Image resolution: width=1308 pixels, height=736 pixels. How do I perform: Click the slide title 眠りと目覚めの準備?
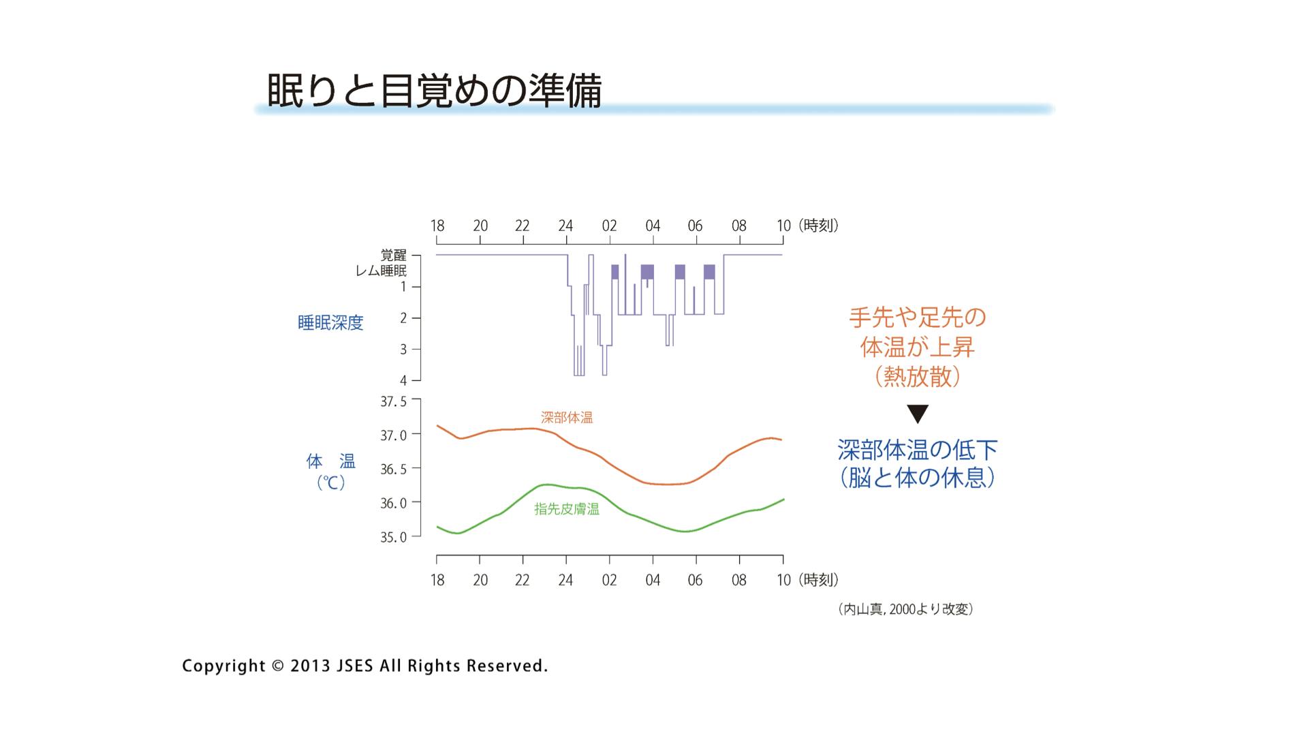click(x=434, y=90)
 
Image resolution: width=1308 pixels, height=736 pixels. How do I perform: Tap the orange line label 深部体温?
click(x=567, y=418)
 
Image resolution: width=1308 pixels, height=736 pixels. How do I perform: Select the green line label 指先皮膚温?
click(x=567, y=509)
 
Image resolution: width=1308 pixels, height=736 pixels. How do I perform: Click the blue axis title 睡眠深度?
click(x=330, y=323)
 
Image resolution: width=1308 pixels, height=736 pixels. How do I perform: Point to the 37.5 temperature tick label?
click(x=393, y=401)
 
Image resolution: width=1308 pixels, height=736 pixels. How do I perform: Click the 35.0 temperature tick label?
click(x=393, y=537)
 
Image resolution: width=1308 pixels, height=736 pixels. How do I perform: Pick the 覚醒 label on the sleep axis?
click(x=393, y=255)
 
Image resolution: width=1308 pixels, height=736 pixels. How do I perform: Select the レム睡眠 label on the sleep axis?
click(x=381, y=271)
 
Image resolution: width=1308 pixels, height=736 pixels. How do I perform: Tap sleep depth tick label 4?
click(x=403, y=380)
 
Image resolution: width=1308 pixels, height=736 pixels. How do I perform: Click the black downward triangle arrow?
click(x=918, y=414)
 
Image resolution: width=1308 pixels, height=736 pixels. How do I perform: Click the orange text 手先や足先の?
click(x=917, y=318)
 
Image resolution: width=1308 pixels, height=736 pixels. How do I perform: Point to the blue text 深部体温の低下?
click(x=917, y=450)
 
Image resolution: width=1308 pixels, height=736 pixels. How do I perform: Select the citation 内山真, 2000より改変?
click(x=905, y=609)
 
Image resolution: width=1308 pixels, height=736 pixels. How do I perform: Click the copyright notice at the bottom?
click(x=364, y=666)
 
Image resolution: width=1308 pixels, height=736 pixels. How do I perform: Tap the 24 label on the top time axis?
click(x=565, y=226)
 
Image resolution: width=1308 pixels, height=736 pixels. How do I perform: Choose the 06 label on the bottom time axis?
click(x=695, y=580)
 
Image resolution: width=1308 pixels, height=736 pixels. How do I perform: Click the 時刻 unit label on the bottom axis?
click(x=818, y=580)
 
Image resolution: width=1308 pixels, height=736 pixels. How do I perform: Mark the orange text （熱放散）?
click(x=917, y=376)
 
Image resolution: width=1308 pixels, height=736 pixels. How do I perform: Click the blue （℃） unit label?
click(x=331, y=483)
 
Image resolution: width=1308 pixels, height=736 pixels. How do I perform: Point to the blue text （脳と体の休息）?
click(x=917, y=478)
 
